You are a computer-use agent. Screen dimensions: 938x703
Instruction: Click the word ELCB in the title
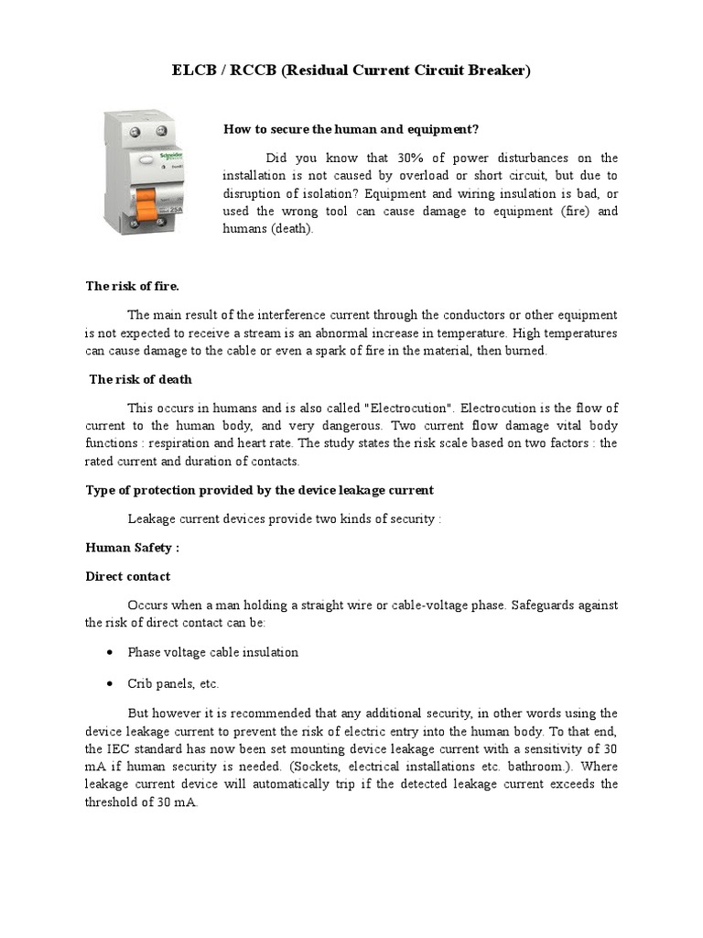pos(193,71)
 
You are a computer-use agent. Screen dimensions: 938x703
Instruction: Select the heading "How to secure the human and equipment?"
pos(351,129)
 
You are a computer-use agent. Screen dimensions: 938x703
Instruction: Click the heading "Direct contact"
pos(128,576)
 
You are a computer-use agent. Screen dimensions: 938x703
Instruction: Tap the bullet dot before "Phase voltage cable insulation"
pos(109,653)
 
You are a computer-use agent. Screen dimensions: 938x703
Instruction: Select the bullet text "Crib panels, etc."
pos(173,683)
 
